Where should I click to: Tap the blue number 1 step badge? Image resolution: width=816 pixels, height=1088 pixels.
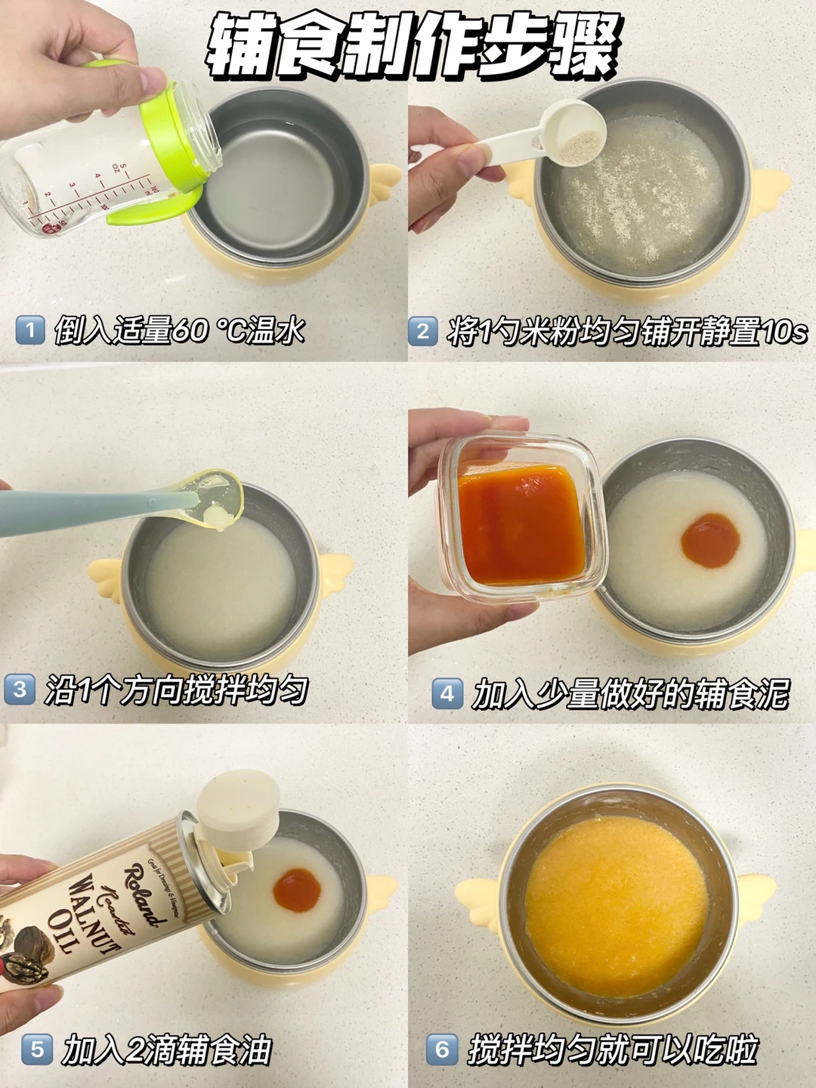pyautogui.click(x=30, y=330)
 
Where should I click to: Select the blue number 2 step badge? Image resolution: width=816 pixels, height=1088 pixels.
pyautogui.click(x=423, y=330)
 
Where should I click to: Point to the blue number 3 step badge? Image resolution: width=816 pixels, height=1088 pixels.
pyautogui.click(x=20, y=690)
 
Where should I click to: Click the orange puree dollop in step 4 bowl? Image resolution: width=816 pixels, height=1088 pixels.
pyautogui.click(x=710, y=541)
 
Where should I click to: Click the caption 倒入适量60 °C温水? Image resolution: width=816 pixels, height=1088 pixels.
pyautogui.click(x=179, y=330)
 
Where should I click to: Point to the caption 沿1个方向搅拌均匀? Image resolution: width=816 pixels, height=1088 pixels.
pyautogui.click(x=176, y=690)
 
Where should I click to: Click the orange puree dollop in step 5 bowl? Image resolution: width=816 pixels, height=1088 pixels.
pyautogui.click(x=297, y=889)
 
